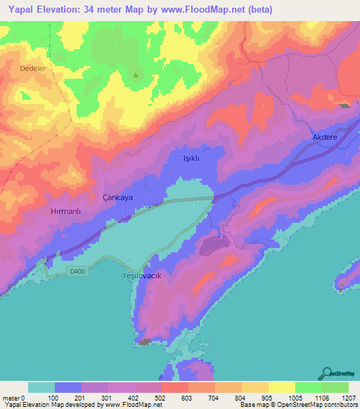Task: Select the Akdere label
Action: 326,138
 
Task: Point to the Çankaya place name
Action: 117,198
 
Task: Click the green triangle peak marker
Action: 136,76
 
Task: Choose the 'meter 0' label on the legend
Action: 11,398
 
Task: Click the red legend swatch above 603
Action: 174,387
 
